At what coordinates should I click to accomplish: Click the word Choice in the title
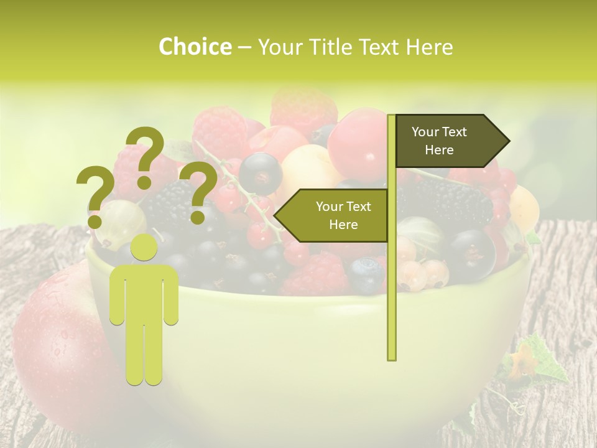[195, 47]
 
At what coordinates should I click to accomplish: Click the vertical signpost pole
[391, 280]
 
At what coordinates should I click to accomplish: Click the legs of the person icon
[144, 355]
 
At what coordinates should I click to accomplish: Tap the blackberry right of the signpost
[454, 202]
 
